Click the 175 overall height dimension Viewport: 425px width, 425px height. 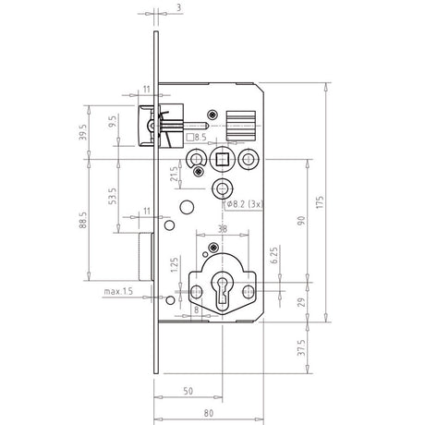click(x=320, y=202)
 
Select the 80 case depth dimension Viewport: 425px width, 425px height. click(x=209, y=413)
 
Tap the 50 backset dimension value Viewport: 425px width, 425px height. click(x=188, y=391)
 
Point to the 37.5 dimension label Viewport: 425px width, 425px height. click(x=301, y=347)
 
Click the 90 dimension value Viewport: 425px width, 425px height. click(x=301, y=221)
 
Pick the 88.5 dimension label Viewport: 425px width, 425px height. click(x=82, y=220)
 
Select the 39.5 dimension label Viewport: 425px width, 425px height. click(x=82, y=132)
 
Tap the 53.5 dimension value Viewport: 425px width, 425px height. click(x=113, y=196)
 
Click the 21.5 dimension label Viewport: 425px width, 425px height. click(x=174, y=174)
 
